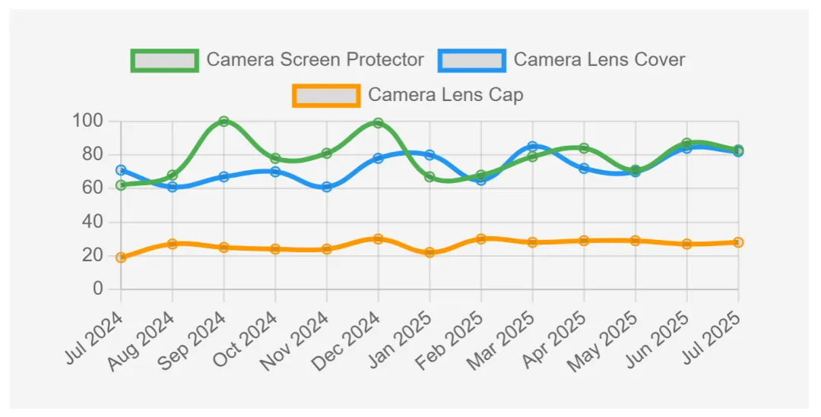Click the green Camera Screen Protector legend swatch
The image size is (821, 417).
164,60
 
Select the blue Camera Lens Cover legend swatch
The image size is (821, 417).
472,60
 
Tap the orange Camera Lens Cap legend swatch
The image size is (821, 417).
326,96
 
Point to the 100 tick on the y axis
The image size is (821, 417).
87,121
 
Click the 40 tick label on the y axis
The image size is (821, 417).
92,222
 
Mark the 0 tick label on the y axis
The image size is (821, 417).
98,289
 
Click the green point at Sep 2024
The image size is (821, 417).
223,122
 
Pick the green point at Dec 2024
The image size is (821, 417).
378,123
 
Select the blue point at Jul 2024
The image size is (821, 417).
121,170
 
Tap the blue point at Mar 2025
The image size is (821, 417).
532,147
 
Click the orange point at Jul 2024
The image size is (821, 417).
121,257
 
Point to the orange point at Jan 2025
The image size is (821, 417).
430,252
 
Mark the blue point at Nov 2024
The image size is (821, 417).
327,187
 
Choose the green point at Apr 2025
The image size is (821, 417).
584,148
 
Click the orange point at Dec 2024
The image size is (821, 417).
378,239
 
